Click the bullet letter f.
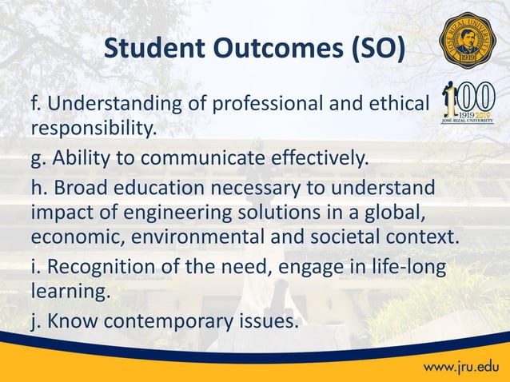[x=34, y=103]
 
